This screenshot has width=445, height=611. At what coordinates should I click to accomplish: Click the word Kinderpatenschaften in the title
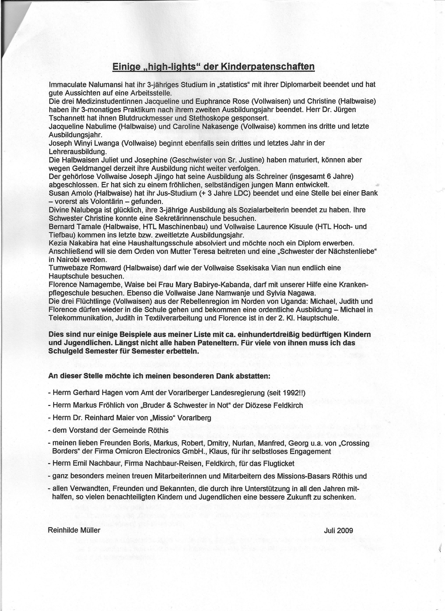point(267,66)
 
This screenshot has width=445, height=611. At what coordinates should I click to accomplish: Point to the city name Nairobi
point(69,260)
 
